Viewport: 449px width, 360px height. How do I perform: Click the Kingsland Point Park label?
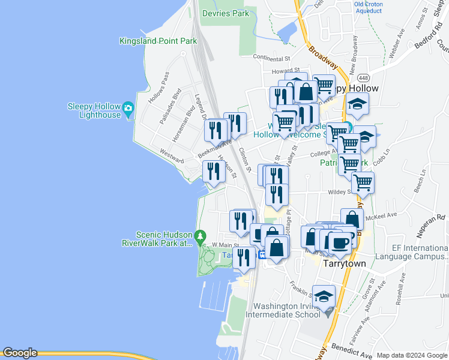coord(158,41)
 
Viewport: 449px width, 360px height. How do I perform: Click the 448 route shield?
coord(363,78)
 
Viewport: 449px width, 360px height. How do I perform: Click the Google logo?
coord(19,353)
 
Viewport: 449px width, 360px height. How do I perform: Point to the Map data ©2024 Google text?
coord(412,355)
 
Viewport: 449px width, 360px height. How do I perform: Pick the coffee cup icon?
coord(340,242)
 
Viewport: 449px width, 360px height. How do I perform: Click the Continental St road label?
coord(271,59)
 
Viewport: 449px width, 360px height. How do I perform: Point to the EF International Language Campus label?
coord(412,251)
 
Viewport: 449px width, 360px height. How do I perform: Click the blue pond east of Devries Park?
coord(288,31)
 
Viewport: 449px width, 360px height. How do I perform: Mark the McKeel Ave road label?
coord(384,214)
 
